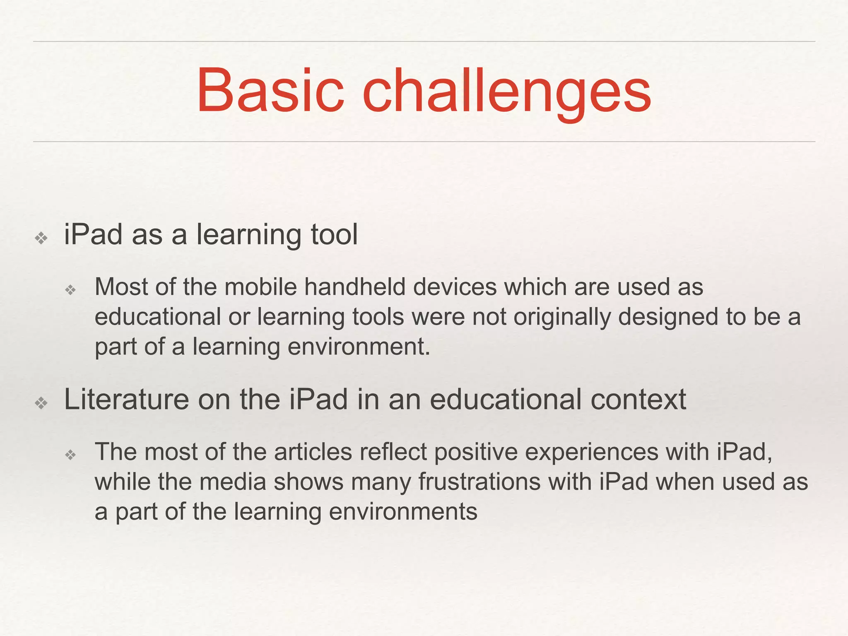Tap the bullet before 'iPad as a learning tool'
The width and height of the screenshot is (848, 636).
41,238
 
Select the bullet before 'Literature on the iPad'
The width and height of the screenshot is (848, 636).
41,403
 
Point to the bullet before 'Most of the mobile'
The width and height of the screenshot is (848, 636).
71,290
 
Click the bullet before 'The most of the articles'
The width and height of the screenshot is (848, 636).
71,455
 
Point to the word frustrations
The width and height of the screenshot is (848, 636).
479,482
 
